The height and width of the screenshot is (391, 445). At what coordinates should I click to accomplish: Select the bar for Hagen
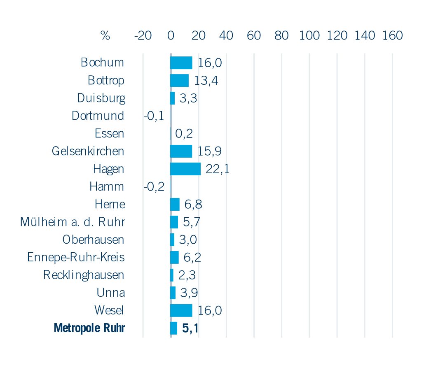(185, 169)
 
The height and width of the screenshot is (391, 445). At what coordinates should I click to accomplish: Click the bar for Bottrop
(180, 80)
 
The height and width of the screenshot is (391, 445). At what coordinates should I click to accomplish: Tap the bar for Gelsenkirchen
(181, 151)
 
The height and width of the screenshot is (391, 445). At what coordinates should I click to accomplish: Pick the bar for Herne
(175, 204)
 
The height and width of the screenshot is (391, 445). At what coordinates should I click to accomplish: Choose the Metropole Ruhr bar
(174, 328)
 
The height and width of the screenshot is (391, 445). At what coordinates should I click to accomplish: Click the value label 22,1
(218, 169)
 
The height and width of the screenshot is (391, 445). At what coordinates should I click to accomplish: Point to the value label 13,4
(206, 80)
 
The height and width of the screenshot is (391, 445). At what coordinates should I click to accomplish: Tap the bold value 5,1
(190, 328)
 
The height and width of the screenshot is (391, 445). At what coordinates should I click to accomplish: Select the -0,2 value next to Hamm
(154, 187)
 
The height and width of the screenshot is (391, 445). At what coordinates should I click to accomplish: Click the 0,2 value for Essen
(184, 133)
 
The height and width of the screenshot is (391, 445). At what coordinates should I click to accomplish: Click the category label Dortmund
(98, 116)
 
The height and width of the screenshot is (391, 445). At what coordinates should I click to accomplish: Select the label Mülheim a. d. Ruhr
(73, 222)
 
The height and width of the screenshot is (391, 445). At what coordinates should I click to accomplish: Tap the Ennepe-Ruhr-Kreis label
(76, 257)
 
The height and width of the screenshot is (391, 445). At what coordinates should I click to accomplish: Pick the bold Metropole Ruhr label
(89, 328)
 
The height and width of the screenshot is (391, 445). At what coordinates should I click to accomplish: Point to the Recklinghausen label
(84, 275)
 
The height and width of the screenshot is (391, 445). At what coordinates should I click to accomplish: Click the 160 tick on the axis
(392, 36)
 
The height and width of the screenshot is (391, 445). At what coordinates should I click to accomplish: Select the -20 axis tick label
(143, 36)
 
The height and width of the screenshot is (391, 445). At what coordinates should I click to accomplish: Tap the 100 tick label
(309, 36)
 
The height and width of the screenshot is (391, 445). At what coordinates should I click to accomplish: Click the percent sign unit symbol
(105, 36)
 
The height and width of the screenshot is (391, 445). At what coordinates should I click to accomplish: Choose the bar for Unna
(173, 293)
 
